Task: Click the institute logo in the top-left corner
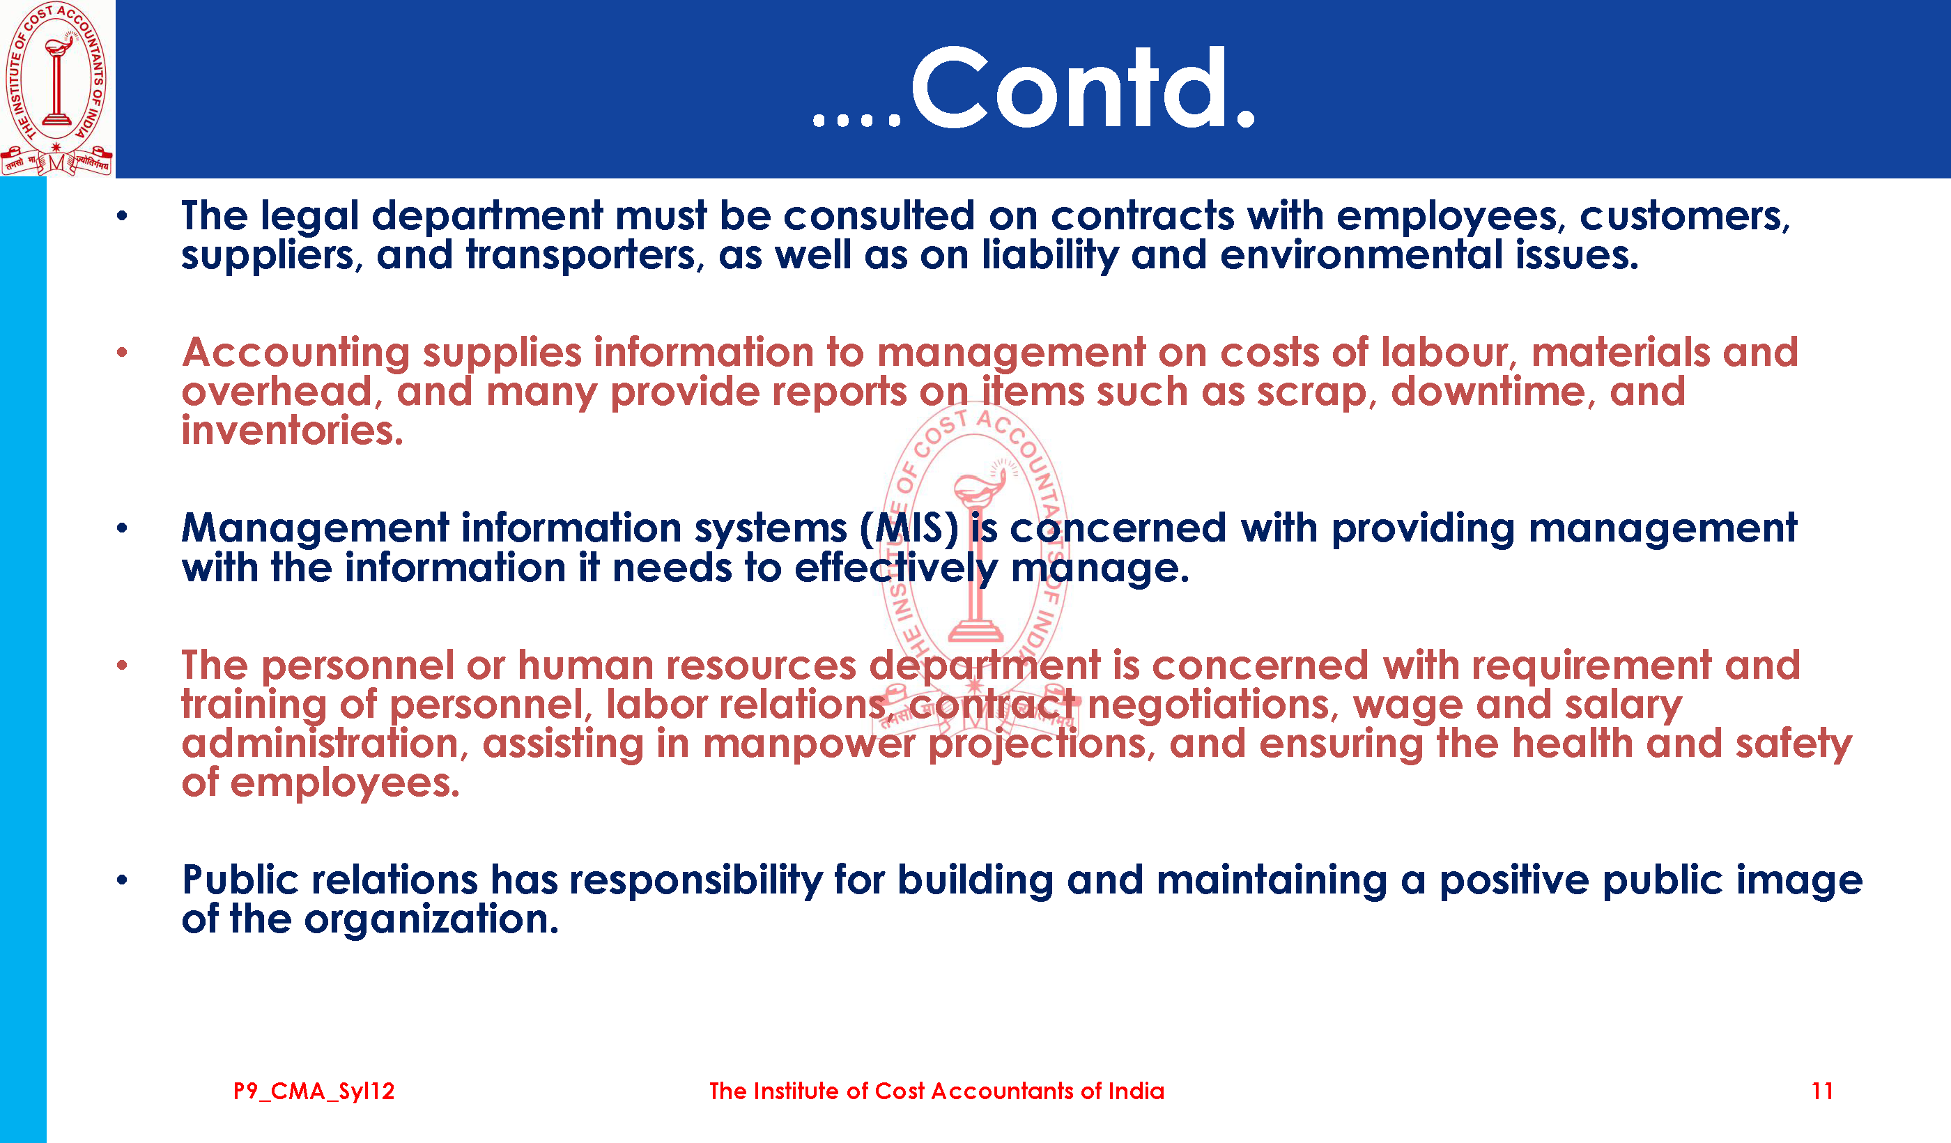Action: click(x=56, y=88)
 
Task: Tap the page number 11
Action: click(x=1823, y=1091)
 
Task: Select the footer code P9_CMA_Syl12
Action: click(x=314, y=1092)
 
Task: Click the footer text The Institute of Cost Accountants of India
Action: click(x=936, y=1091)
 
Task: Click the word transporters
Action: click(x=585, y=256)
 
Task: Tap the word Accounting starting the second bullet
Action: click(x=295, y=354)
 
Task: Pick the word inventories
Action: click(x=293, y=431)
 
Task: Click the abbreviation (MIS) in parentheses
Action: click(x=909, y=528)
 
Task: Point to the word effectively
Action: click(x=897, y=569)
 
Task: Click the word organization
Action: click(x=431, y=920)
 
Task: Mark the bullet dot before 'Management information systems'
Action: click(x=121, y=529)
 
